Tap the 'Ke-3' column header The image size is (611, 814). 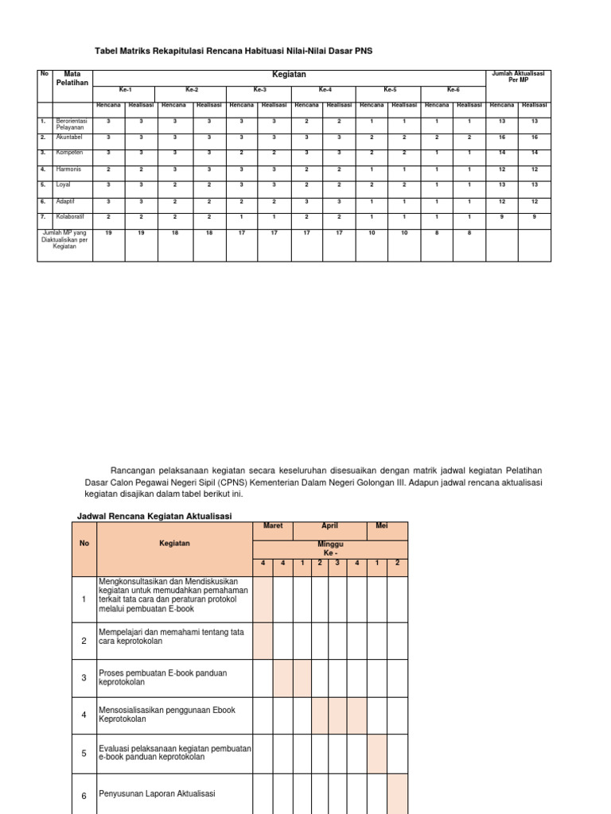(x=259, y=90)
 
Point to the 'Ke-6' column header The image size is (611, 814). (x=453, y=90)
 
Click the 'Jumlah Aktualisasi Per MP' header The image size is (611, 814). (x=518, y=76)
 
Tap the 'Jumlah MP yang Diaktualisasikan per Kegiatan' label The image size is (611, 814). (x=65, y=239)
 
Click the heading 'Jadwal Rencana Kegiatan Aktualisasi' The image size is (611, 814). (x=154, y=516)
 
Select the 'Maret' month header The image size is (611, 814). (x=273, y=526)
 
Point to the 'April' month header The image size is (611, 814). (x=329, y=526)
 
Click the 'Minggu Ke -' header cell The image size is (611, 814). (x=329, y=548)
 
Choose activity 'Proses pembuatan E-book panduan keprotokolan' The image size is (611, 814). (x=162, y=677)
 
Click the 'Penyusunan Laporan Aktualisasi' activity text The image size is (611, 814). (x=157, y=793)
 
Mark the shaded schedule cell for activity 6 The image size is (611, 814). (x=397, y=793)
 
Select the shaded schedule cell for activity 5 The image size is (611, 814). (x=376, y=754)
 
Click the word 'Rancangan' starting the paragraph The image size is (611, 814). (x=136, y=471)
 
